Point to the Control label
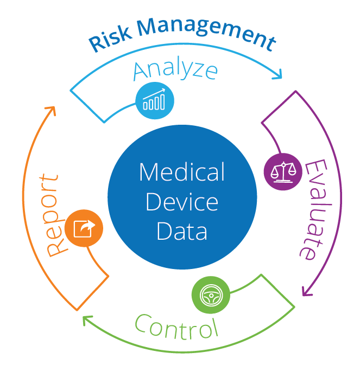175,325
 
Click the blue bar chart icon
155,101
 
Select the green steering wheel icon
211,296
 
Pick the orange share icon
84,228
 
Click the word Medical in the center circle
181,173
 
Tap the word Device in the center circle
181,202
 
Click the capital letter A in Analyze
141,71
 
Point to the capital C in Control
143,324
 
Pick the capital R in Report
56,246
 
